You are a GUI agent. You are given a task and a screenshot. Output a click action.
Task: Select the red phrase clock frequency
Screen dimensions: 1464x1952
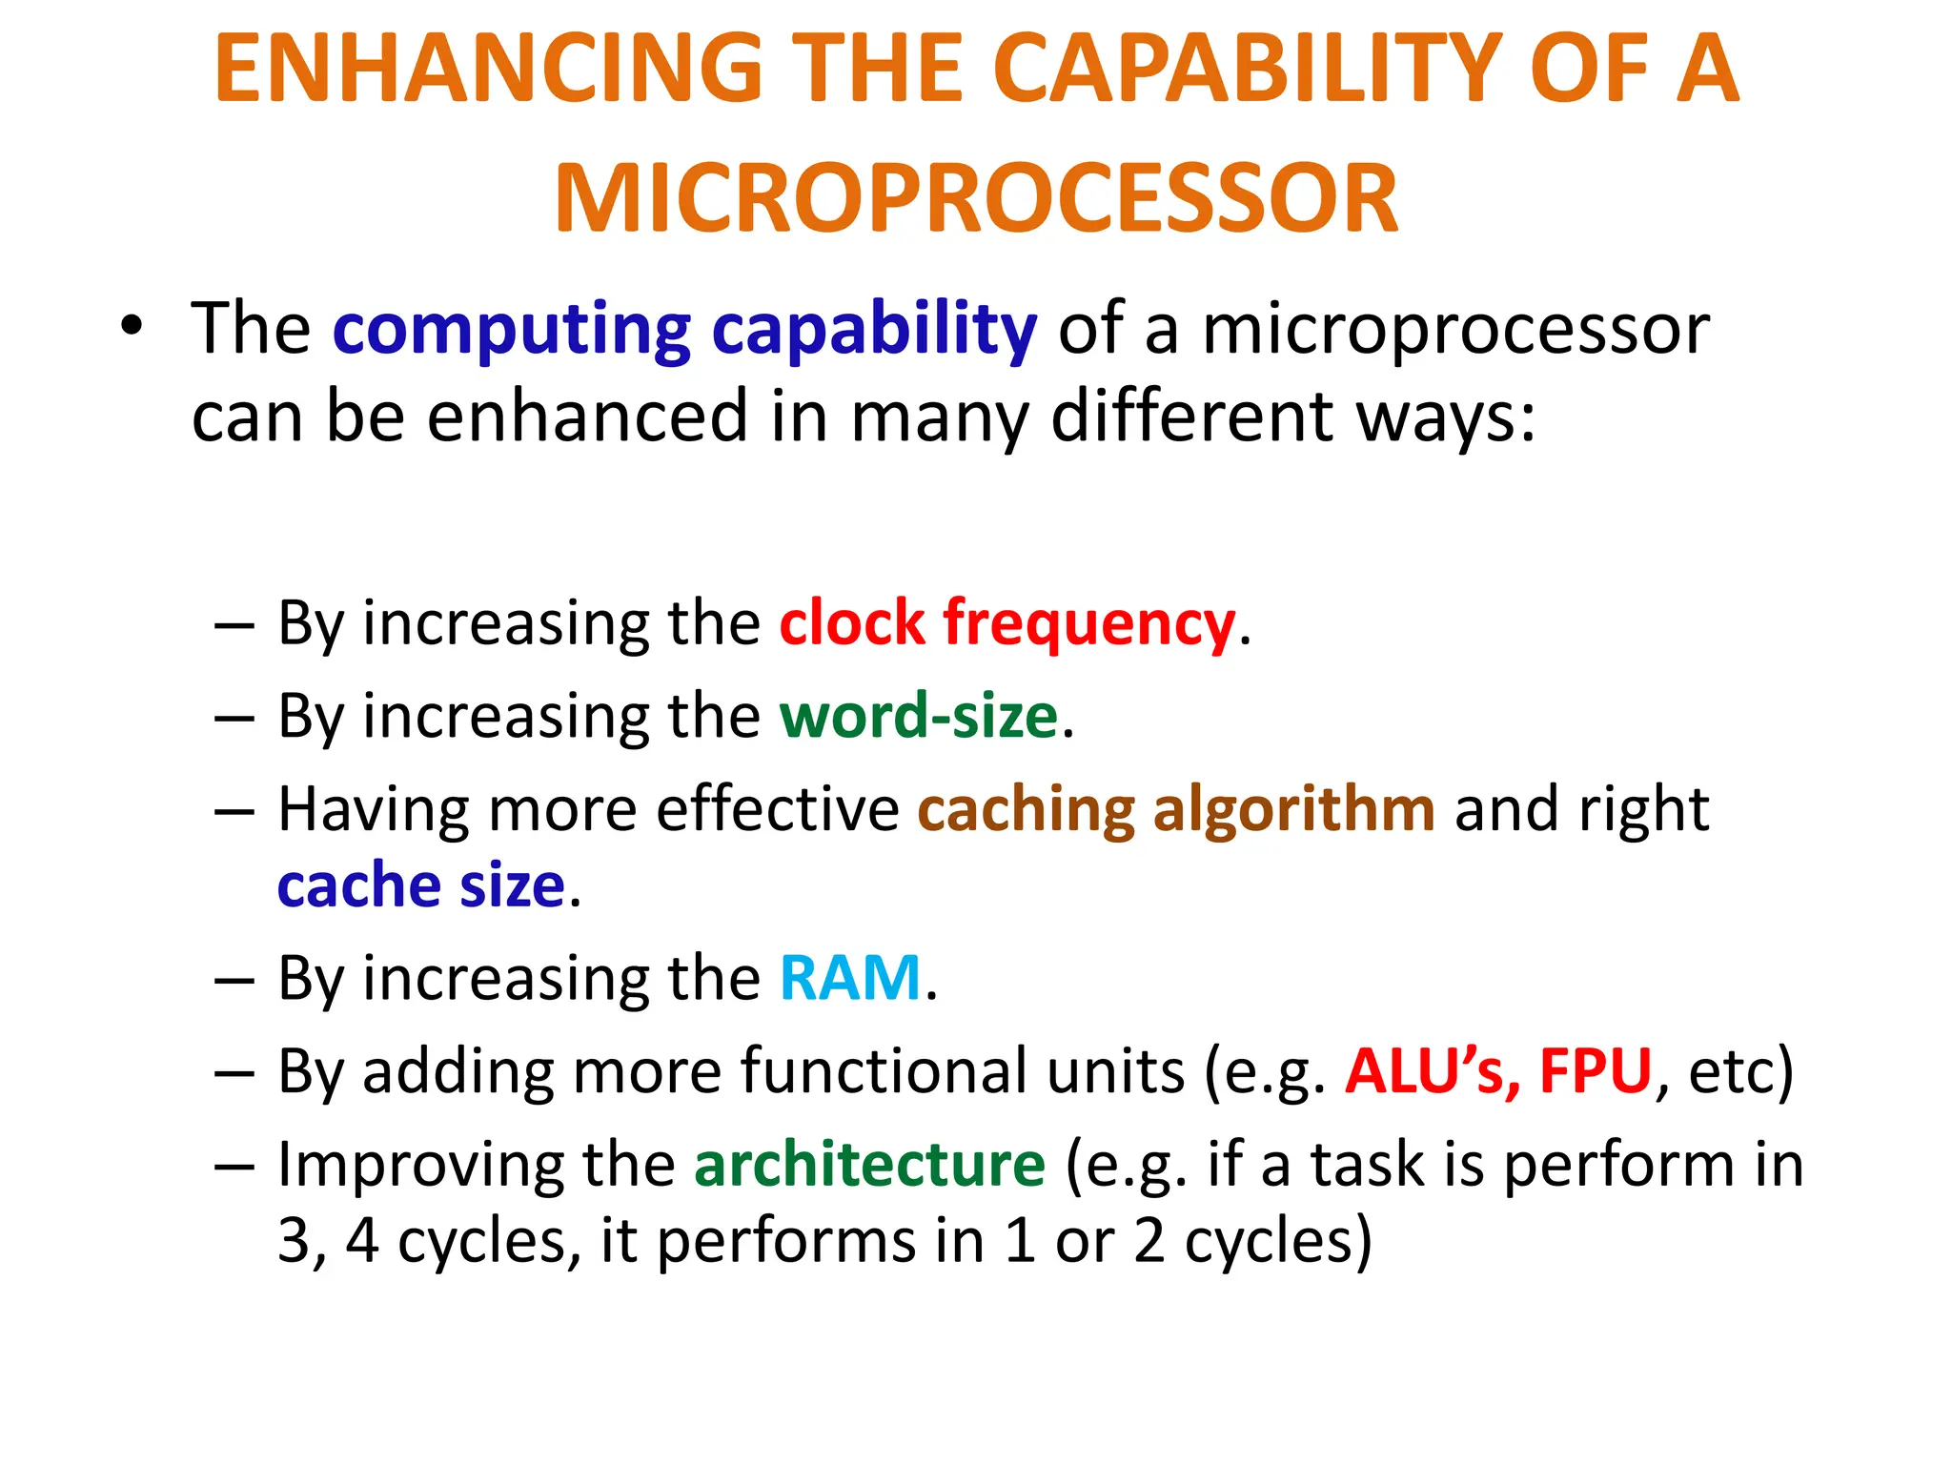coord(1006,624)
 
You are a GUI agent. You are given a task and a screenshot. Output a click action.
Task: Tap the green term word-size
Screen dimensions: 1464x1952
coord(919,716)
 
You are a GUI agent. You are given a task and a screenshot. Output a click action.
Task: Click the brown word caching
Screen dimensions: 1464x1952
coord(1026,811)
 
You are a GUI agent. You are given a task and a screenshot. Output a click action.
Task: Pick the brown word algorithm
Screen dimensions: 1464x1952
coord(1293,809)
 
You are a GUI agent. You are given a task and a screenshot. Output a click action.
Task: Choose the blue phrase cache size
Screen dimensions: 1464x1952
coord(421,885)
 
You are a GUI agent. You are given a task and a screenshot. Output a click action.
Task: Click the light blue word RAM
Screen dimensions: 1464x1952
coord(850,978)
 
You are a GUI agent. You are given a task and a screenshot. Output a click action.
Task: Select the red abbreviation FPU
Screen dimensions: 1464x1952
coord(1595,1071)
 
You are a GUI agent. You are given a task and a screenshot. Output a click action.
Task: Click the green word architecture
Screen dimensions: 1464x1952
coord(869,1165)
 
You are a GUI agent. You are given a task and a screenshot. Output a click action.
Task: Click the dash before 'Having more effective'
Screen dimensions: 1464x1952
coord(234,811)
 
